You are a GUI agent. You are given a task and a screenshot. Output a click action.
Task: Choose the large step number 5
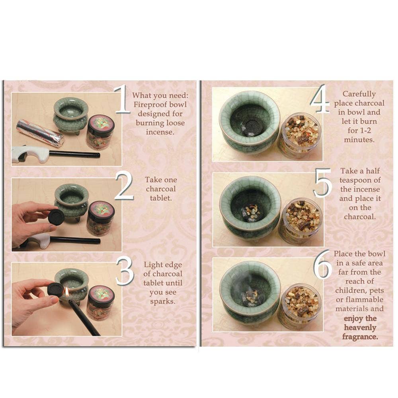coord(322,183)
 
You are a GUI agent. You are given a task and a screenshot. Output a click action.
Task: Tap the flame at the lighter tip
coord(67,292)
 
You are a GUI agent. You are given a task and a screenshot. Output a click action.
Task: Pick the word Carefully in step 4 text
coord(359,94)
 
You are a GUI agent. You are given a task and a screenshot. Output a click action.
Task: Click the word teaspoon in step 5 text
coord(355,180)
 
